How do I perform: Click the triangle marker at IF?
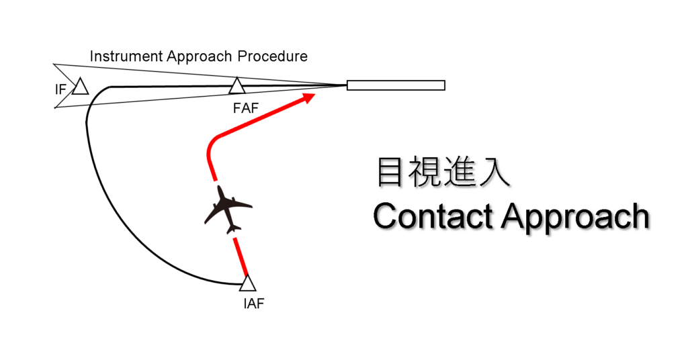tap(81, 87)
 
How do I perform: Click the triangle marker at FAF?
tap(236, 87)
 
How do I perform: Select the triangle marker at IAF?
tap(247, 283)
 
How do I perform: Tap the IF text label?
tap(60, 89)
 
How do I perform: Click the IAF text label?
tap(254, 304)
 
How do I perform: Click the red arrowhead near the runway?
tap(309, 98)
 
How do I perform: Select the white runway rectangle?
tap(396, 85)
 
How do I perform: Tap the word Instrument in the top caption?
tap(120, 56)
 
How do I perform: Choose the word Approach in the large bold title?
tap(575, 218)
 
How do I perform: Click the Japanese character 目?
tap(389, 172)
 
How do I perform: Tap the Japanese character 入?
tap(496, 172)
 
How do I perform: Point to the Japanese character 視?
tap(424, 172)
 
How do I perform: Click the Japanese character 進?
tap(460, 172)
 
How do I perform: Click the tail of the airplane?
tap(234, 230)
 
